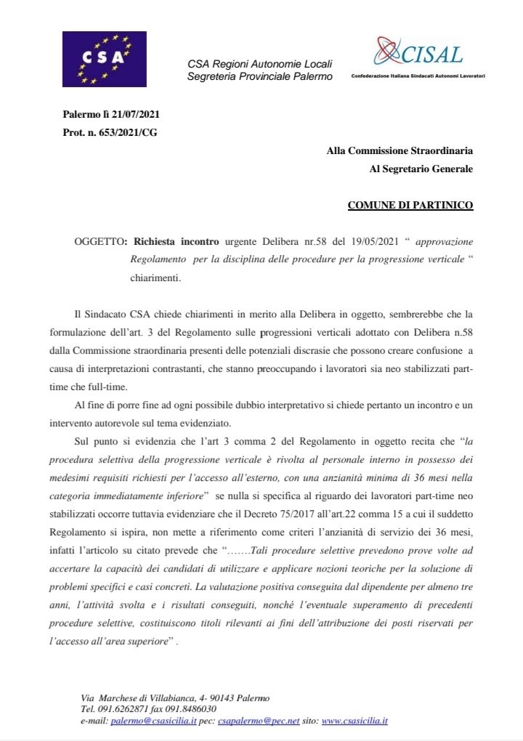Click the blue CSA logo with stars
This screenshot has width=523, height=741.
[102, 60]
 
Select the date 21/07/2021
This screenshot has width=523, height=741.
[137, 115]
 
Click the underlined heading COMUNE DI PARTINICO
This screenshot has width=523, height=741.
[410, 206]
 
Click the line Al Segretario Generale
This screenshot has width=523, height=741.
[421, 169]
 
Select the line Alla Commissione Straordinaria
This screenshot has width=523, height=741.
[400, 151]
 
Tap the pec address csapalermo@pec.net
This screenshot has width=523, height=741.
[251, 721]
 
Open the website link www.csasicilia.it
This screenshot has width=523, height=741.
[354, 721]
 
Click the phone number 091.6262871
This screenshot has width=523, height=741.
[123, 709]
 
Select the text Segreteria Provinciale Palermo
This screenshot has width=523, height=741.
[259, 76]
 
